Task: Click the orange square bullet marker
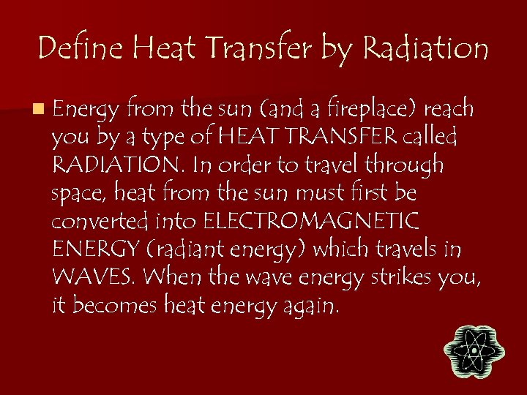[x=37, y=110]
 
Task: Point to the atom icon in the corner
[x=474, y=352]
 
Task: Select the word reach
[x=449, y=110]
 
